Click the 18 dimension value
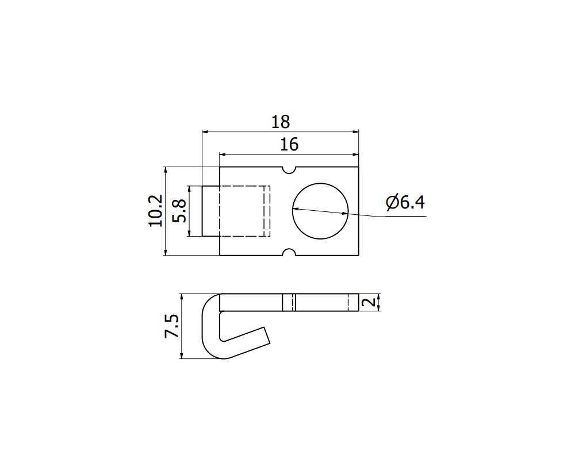pos(281,122)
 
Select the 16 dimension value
pos(289,145)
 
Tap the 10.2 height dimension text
pos(155,210)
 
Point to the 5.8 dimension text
pos(179,211)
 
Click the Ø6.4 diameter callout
pos(405,203)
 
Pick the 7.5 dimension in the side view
pos(172,326)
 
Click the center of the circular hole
pos(321,211)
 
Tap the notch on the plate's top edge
pos(289,170)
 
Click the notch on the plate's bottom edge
pos(289,252)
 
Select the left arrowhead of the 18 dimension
pos(205,132)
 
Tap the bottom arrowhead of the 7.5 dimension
pos(181,356)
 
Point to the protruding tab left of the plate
pos(210,211)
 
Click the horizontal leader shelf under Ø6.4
pos(402,217)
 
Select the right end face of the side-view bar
pos(358,303)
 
